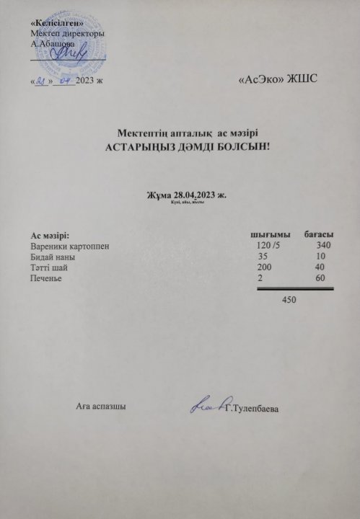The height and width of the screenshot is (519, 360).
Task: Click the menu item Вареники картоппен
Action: click(x=70, y=247)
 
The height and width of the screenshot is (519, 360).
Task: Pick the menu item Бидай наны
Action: click(x=53, y=257)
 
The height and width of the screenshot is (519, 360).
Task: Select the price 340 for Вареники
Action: click(x=324, y=247)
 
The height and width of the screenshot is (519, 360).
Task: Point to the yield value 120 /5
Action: click(x=272, y=247)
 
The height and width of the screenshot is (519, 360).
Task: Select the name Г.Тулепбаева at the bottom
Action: click(x=253, y=410)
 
